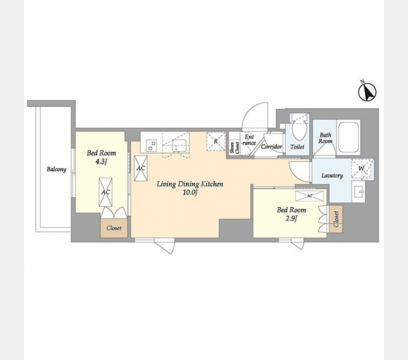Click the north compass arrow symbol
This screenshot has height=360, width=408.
tap(367, 92)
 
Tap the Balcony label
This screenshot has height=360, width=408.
tap(56, 169)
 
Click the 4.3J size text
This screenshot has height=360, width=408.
tap(101, 162)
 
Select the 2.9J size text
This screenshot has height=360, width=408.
tap(291, 218)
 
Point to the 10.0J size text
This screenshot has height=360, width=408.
tap(190, 193)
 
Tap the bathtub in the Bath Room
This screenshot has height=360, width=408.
tap(349, 137)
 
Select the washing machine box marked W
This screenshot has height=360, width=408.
tap(362, 169)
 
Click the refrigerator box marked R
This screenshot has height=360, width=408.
tap(216, 141)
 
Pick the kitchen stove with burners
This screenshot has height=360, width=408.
tap(151, 145)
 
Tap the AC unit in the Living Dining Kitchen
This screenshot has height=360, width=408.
tap(141, 168)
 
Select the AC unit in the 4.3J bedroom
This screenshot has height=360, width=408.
tap(106, 192)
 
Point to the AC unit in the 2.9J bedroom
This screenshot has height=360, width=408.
tap(310, 196)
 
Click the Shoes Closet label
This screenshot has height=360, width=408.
tap(234, 148)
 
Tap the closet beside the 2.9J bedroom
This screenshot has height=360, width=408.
tap(335, 219)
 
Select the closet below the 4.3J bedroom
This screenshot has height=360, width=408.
tap(114, 228)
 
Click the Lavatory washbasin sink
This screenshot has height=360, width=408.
tap(359, 192)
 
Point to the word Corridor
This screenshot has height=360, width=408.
tap(271, 147)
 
